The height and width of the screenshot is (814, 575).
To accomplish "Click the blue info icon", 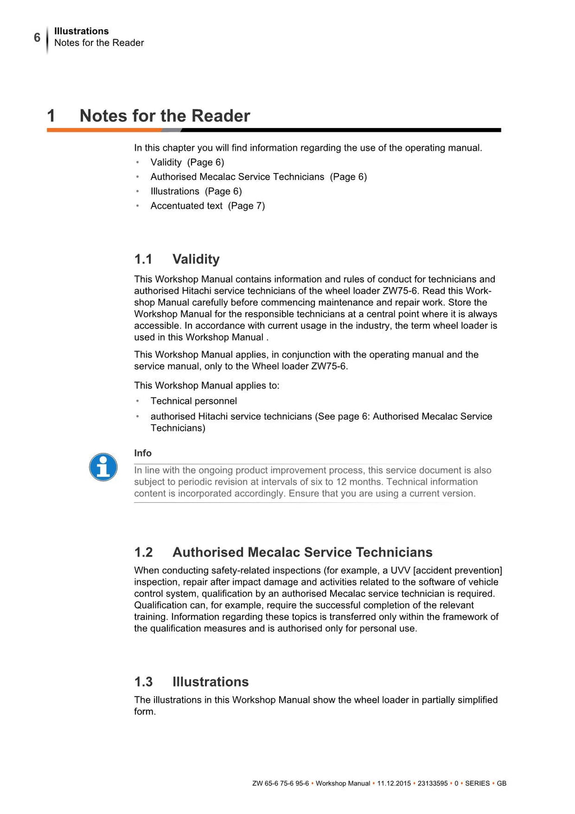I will pos(103,467).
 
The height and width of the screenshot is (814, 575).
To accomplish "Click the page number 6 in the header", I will pos(37,38).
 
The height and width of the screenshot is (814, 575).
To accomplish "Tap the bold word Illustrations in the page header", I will pos(81,31).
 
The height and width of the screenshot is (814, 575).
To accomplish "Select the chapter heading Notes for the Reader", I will pos(165,116).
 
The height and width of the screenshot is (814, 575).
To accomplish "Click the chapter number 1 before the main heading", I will pos(51,116).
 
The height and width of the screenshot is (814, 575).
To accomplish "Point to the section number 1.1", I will pos(143,260).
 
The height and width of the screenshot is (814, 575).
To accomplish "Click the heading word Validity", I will pos(196,260).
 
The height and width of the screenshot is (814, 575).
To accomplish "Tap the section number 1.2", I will pos(143,553).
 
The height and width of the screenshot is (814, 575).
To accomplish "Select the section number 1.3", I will pos(143,682).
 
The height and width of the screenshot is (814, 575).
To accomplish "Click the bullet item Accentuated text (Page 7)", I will pos(207,206).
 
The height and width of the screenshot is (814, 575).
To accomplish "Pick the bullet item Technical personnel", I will pos(194,401).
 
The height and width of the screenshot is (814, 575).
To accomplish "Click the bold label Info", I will pos(143,453).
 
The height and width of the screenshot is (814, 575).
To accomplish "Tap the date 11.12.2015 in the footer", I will pos(394,784).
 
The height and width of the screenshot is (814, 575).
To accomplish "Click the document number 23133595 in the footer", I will pos(432,784).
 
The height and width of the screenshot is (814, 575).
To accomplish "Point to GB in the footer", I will pos(501,784).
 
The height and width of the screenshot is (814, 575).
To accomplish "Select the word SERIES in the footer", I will pos(477,784).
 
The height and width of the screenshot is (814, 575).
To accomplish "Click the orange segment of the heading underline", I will pos(104,130).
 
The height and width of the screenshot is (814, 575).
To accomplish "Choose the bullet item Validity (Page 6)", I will pos(187,162).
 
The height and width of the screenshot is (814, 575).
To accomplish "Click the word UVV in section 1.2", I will pos(400,571).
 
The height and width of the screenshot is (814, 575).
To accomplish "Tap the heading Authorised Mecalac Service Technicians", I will pos(302,553).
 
